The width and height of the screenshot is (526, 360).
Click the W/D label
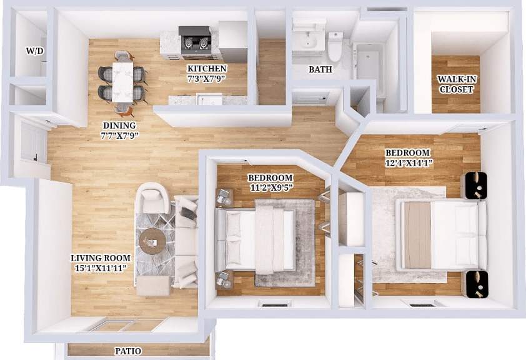pos(35,51)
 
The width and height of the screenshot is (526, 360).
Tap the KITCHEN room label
pos(207,68)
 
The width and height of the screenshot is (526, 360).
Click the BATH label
pos(320,69)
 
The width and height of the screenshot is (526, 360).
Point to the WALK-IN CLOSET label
pos(455,84)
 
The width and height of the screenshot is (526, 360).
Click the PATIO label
pos(128,351)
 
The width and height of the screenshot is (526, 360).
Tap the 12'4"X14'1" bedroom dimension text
pos(407,164)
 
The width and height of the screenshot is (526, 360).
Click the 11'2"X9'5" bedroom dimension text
pos(270,187)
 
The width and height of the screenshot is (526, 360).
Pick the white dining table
pos(123,82)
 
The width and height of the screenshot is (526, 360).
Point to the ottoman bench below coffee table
pos(153,286)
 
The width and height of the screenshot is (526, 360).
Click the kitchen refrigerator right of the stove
pos(232,41)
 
